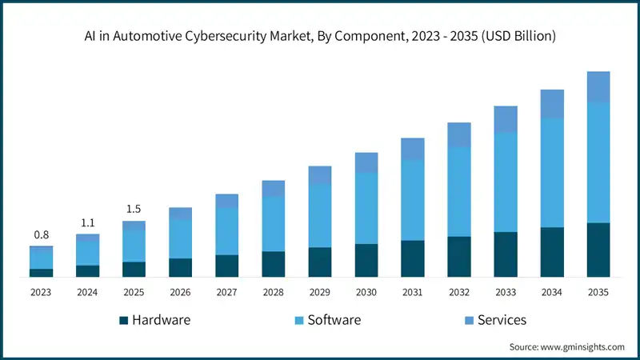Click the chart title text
pos(320,37)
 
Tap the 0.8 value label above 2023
pos(41,234)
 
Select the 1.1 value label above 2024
pos(87,222)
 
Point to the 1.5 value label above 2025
pos(134,209)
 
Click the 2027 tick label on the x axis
pos(226,293)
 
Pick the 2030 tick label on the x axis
pos(366,293)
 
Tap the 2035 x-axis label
pos(598,293)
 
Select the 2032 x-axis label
pos(458,293)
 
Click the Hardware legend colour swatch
pos(123,321)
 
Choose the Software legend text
pos(334,320)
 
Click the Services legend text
pos(502,320)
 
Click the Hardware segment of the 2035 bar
pos(598,250)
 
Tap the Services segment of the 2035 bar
pos(598,86)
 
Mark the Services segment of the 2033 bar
pos(505,119)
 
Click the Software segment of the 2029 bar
pos(319,215)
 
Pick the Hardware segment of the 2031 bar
pos(412,258)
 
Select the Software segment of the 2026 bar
pos(180,238)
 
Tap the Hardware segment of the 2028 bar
pos(273,264)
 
